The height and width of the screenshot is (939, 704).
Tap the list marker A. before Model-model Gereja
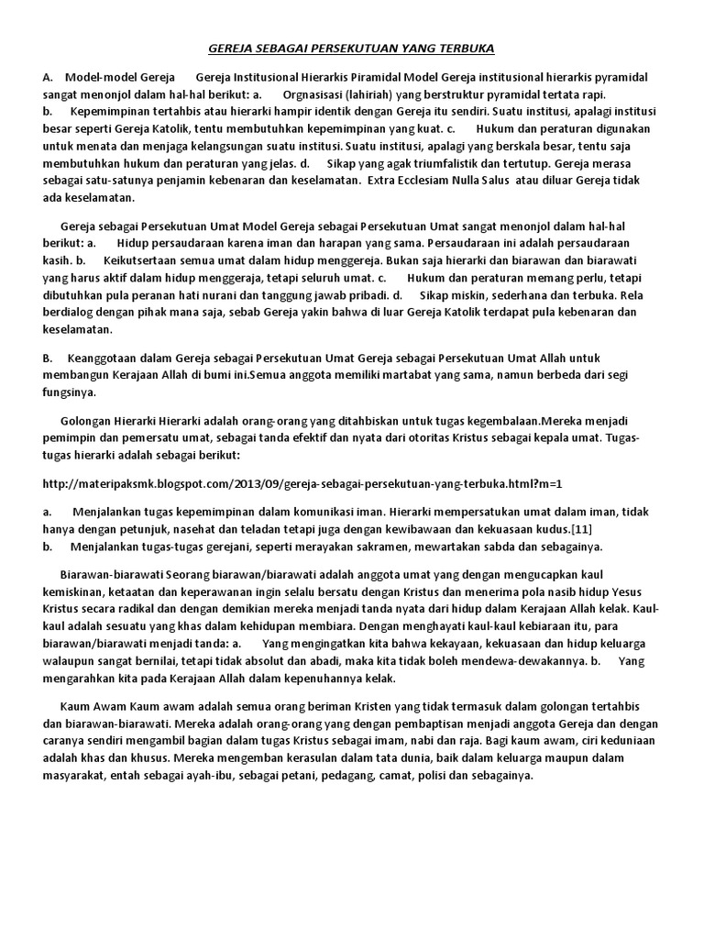pos(49,77)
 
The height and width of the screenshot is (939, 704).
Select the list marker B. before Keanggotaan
pos(49,357)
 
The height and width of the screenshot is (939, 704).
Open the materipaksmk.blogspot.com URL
pos(302,481)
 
